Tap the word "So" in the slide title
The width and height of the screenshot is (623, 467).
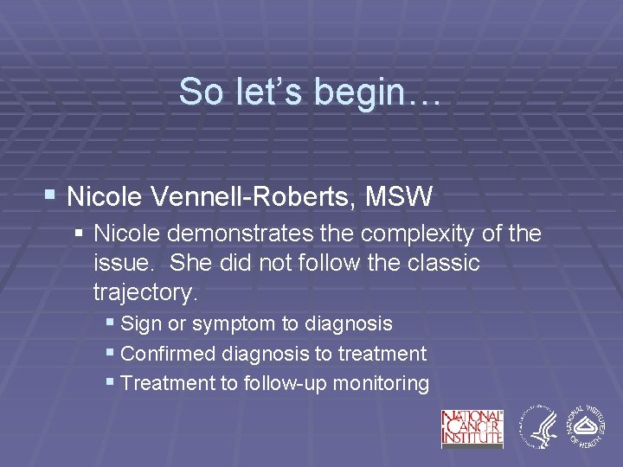click(201, 92)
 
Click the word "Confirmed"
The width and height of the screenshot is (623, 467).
click(169, 354)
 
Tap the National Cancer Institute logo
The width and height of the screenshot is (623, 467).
click(472, 428)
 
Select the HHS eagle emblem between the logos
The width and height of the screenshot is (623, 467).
click(536, 428)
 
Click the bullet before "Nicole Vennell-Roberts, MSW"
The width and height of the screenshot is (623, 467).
click(53, 196)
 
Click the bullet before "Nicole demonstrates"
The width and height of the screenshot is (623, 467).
click(80, 233)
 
